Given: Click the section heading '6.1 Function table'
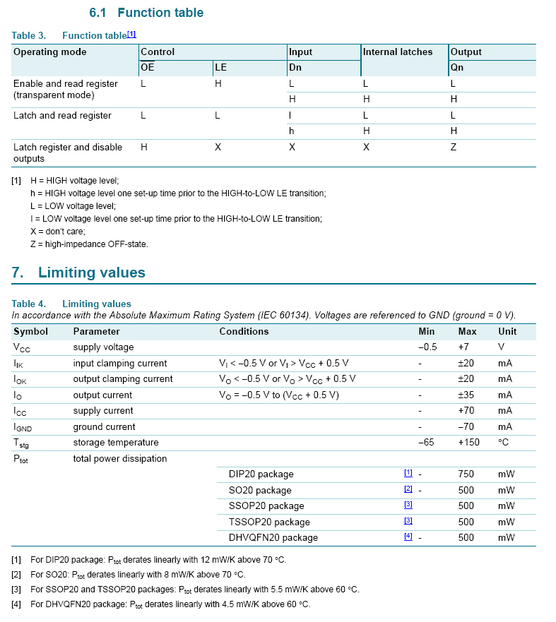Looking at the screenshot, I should [x=146, y=13].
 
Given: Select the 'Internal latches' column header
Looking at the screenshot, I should [x=397, y=52].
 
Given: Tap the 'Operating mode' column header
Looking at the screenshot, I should [x=50, y=52].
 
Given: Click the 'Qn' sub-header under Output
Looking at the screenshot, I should [x=457, y=68].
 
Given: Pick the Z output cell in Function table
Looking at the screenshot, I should [x=454, y=147].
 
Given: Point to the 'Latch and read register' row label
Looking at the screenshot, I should [x=62, y=115].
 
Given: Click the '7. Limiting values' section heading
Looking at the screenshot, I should [x=78, y=273].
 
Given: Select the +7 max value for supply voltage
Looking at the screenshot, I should [x=463, y=347].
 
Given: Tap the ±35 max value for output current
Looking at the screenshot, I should [x=466, y=395].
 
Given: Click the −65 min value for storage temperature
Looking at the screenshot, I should [x=426, y=443].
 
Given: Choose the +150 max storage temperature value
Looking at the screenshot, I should [x=468, y=443].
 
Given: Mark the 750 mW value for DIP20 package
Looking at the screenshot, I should [x=466, y=474].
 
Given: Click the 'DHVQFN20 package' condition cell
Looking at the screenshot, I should [x=273, y=538].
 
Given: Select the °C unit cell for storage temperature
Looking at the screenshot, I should [x=503, y=443].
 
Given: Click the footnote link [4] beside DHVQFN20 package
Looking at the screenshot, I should [x=408, y=537].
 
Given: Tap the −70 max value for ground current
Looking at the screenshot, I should [x=466, y=426].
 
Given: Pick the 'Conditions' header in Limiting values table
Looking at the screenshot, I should [x=244, y=331].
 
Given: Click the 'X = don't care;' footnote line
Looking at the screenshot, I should [x=57, y=232].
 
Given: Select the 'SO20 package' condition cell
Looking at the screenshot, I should [x=259, y=490].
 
